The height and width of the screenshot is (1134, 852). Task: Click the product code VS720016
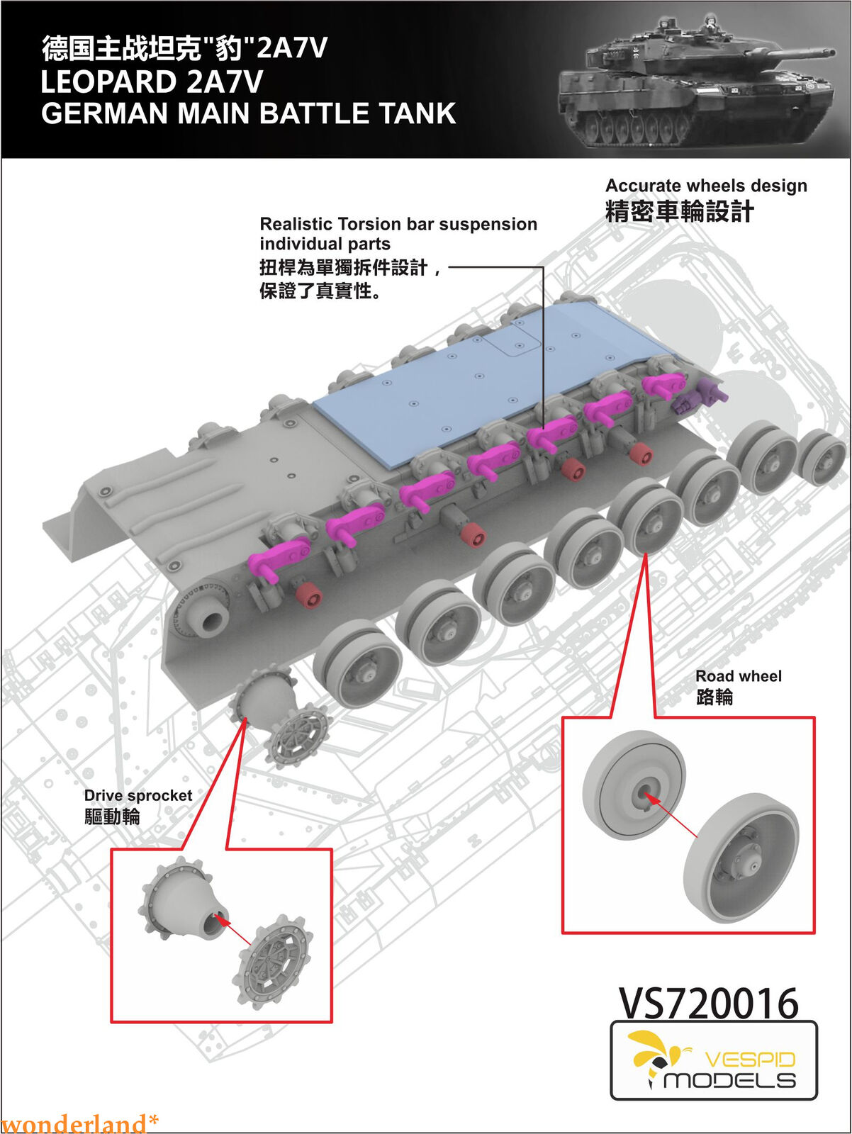pos(709,1003)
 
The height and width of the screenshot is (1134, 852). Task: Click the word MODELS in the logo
pos(729,1081)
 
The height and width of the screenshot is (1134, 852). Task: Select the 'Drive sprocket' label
pos(138,795)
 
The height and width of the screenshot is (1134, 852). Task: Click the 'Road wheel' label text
pos(738,676)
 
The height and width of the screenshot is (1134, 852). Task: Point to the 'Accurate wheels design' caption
pos(706,186)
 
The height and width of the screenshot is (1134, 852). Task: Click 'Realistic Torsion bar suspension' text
pos(398,224)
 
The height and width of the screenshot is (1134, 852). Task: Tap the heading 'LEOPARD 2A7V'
pos(152,82)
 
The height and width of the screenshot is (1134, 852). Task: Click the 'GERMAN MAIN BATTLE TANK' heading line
pos(248,114)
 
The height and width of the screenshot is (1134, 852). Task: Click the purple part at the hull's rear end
pos(698,395)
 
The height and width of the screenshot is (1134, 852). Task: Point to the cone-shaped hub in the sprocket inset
pos(182,899)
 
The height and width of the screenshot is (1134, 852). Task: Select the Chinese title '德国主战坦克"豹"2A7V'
pos(184,48)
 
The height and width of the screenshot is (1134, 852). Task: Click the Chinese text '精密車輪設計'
pos(679,211)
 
